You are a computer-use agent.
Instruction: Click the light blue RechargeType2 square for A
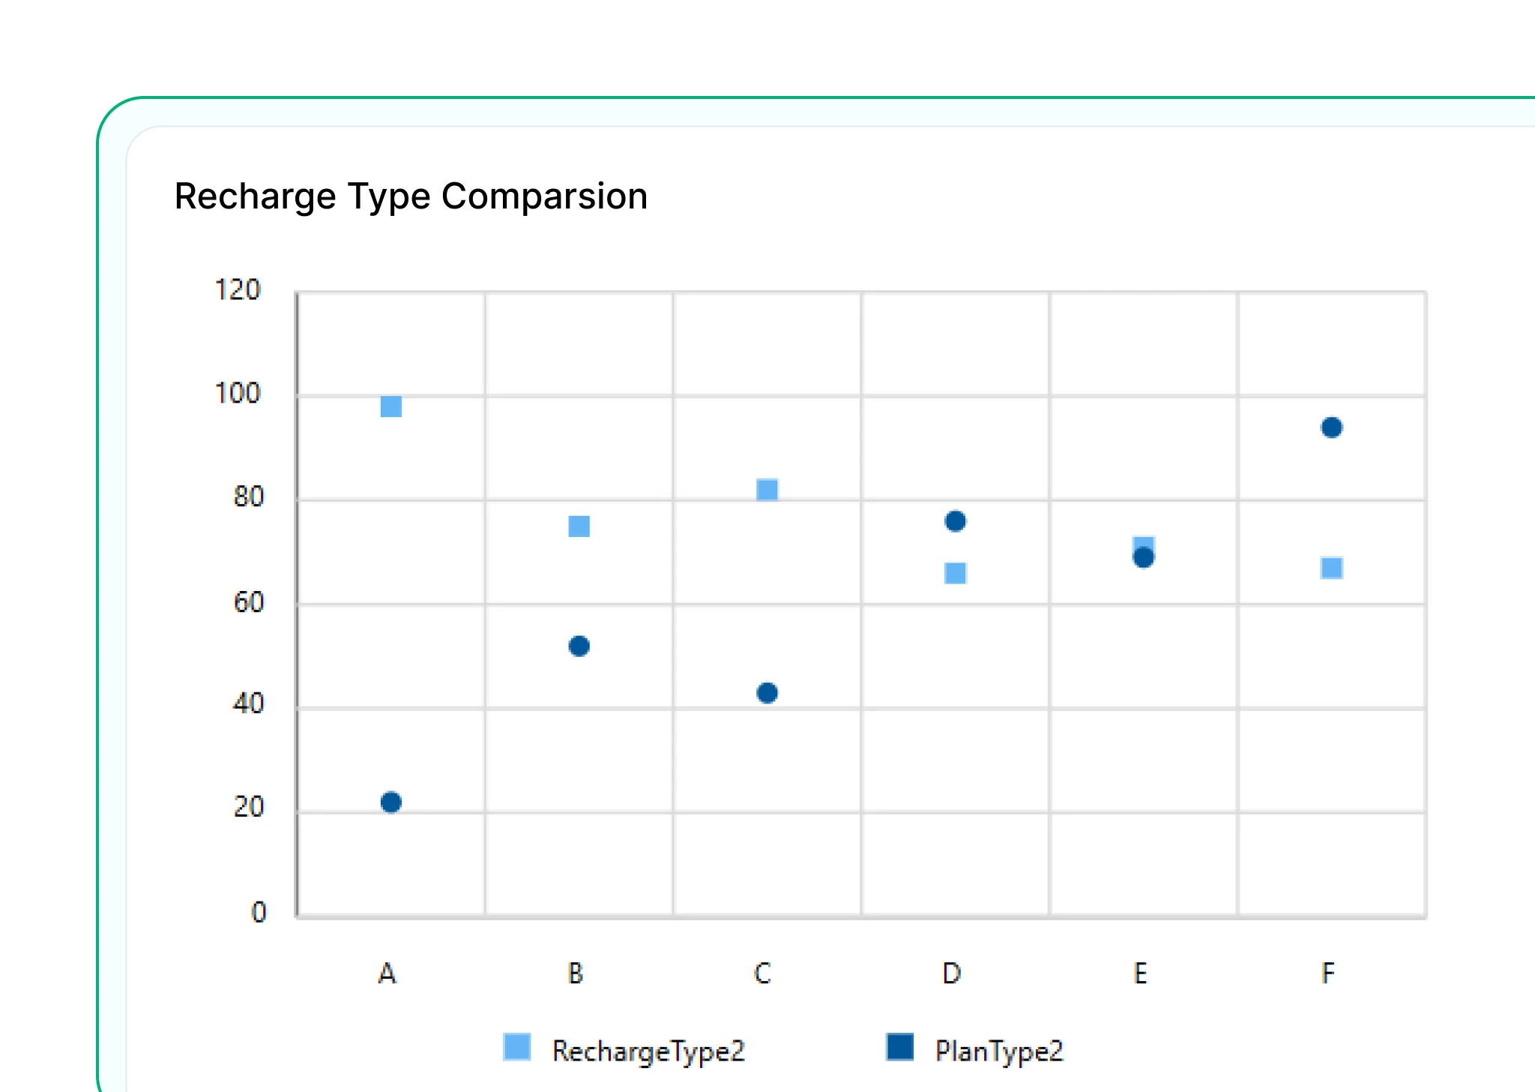[390, 406]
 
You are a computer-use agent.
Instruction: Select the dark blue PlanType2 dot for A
[390, 802]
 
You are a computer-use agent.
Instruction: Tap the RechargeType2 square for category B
[579, 526]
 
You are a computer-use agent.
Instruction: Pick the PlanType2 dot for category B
[579, 646]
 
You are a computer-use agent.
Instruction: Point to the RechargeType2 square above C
[767, 490]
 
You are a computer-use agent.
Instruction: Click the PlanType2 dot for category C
[767, 693]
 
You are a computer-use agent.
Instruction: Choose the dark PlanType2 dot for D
[955, 521]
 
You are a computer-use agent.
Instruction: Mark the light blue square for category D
[955, 574]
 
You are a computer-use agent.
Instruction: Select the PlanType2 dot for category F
[1331, 427]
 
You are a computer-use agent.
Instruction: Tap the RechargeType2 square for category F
[1331, 568]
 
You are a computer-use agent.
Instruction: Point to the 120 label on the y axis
[237, 290]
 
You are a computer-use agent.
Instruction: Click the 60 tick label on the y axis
[248, 603]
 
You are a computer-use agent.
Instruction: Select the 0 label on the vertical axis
[259, 913]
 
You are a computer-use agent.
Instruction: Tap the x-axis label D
[951, 973]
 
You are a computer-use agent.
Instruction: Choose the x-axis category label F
[1327, 973]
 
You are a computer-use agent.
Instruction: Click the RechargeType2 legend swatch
[517, 1047]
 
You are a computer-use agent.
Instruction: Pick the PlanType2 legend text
[999, 1051]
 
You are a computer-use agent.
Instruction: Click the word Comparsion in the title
[544, 196]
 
